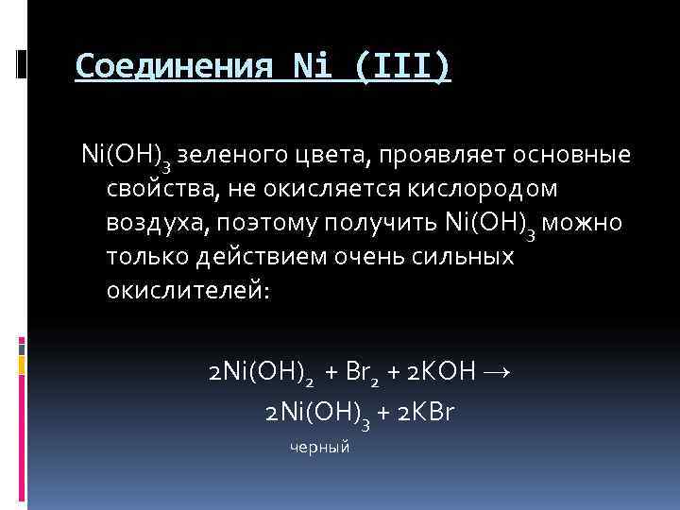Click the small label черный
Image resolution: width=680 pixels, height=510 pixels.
click(320, 447)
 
